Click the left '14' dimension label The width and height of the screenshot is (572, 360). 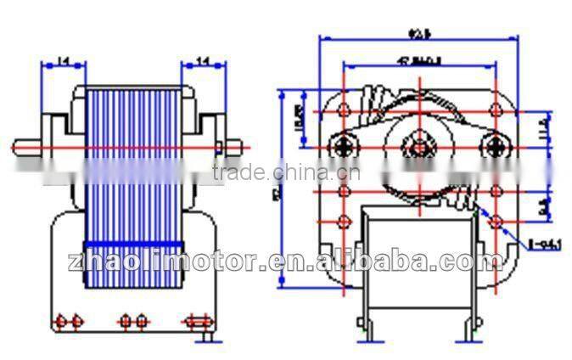coord(62,60)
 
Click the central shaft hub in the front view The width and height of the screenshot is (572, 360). coord(418,145)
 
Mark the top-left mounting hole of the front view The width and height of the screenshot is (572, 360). coord(345,110)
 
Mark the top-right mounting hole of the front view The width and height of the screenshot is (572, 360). coord(494,110)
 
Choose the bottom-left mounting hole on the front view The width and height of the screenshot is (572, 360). coord(345,222)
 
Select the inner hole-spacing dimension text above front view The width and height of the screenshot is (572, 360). coord(418,59)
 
